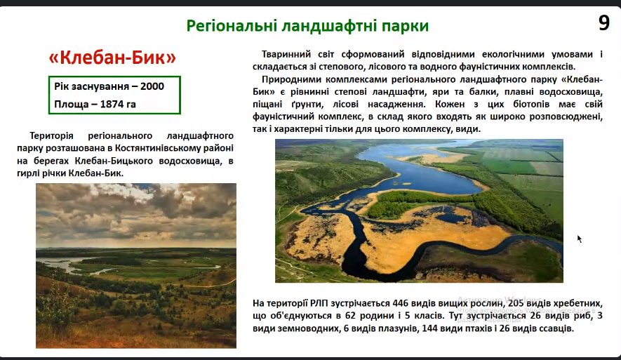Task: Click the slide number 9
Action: tap(604, 22)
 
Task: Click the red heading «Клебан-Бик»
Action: tap(112, 58)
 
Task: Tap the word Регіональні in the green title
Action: tap(232, 26)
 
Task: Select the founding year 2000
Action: tap(152, 86)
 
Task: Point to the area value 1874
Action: tap(112, 104)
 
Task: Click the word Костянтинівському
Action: tap(164, 148)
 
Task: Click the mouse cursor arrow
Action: tap(580, 239)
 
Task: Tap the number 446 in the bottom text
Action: tap(401, 303)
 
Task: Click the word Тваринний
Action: tap(288, 54)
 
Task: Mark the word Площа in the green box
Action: tap(69, 104)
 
